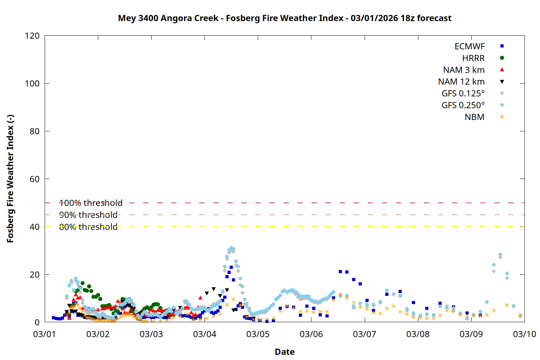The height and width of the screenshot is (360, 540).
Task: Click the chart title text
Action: click(x=284, y=18)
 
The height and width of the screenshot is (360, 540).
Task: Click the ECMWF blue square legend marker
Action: click(x=502, y=46)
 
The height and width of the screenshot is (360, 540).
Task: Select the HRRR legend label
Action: click(x=473, y=58)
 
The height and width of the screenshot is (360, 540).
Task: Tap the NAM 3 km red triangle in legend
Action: click(x=502, y=69)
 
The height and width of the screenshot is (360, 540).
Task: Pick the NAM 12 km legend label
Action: click(x=461, y=82)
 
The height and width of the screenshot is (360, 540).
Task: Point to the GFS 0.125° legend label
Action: click(x=463, y=94)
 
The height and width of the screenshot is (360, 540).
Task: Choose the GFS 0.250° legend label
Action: click(x=463, y=105)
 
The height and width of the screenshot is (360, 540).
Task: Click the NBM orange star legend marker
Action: click(x=502, y=117)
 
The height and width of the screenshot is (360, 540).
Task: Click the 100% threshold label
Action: click(x=91, y=203)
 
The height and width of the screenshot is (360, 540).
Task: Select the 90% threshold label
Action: click(x=88, y=215)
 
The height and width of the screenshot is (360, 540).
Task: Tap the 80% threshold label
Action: click(x=88, y=227)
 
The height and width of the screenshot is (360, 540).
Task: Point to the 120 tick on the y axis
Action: click(x=32, y=36)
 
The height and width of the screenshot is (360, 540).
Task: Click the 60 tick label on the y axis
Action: click(x=35, y=179)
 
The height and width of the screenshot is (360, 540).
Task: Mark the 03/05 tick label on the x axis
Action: click(x=258, y=334)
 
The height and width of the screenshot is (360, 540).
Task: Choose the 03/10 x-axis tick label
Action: click(x=524, y=334)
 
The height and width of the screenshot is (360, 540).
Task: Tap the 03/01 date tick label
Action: click(x=45, y=334)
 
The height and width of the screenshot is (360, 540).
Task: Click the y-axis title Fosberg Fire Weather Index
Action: click(x=10, y=179)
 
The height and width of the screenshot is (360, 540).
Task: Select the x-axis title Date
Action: click(x=284, y=352)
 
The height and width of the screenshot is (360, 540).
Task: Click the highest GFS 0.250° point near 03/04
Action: click(x=231, y=248)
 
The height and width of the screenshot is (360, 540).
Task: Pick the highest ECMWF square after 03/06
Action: click(x=340, y=272)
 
